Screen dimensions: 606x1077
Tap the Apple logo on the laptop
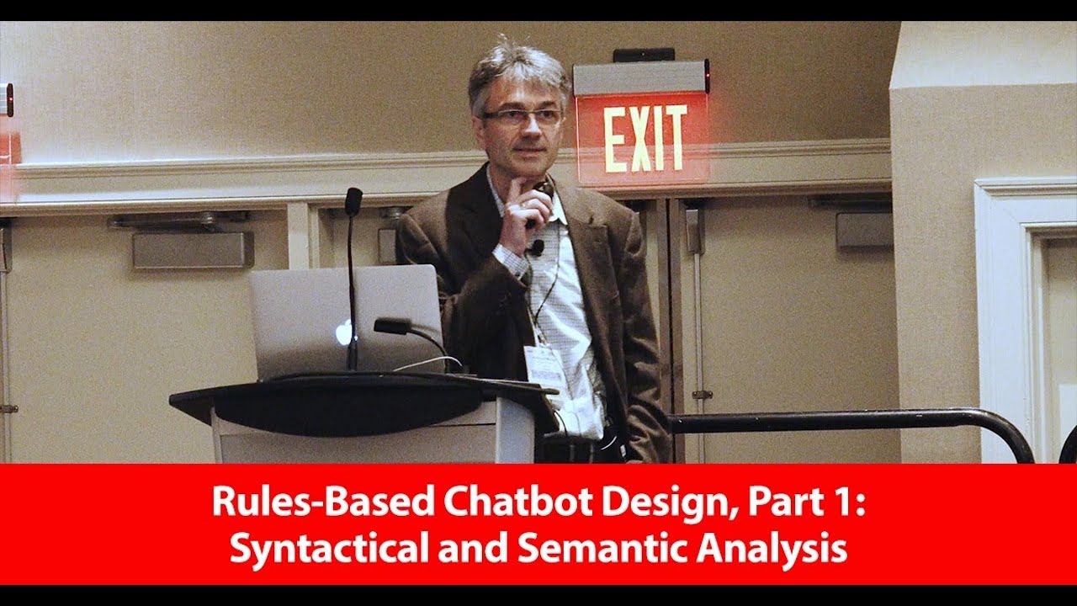(344, 334)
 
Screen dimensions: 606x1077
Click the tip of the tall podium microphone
(353, 200)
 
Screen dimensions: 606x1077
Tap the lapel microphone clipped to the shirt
(536, 247)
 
